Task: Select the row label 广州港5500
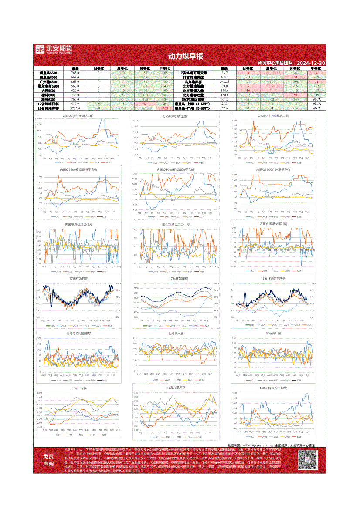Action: click(48, 82)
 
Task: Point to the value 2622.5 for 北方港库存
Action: click(224, 82)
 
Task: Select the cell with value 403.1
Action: click(224, 78)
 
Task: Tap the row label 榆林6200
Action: click(48, 99)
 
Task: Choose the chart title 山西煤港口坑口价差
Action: click(176, 224)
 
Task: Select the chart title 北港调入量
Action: click(176, 333)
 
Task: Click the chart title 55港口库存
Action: click(78, 387)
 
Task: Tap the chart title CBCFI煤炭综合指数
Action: click(273, 388)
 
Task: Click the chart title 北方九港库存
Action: click(176, 387)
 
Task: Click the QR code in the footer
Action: click(309, 461)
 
